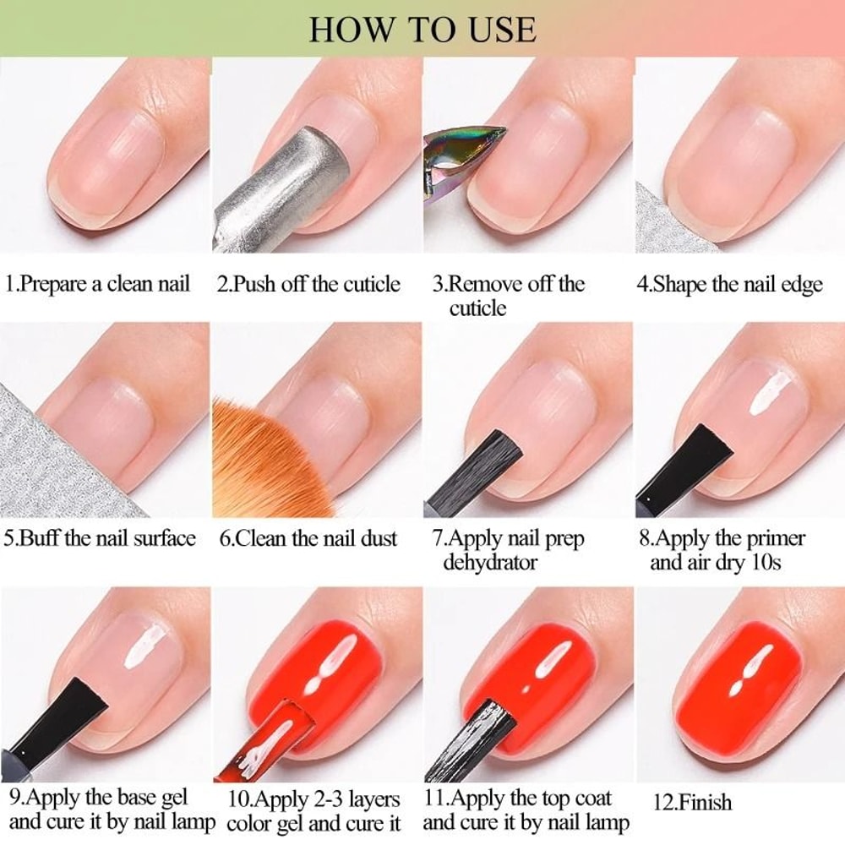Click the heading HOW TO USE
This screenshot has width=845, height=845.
point(422,29)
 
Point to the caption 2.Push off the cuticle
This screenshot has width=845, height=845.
point(308,284)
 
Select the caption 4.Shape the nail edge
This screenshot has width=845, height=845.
point(729,284)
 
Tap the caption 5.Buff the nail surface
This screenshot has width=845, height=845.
point(100,538)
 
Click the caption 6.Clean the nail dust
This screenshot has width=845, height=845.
point(308,538)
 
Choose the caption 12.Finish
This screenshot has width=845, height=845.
point(693,802)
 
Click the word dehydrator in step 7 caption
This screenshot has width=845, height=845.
point(490,562)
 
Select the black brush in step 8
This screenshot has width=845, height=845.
point(676,469)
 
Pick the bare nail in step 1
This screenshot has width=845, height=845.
point(110,161)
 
